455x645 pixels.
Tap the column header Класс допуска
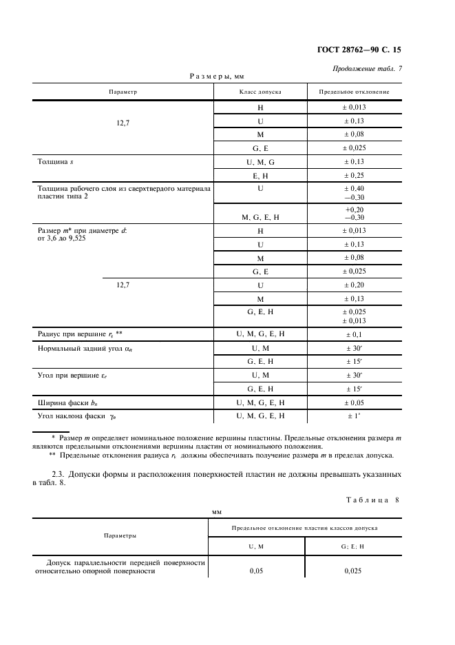coord(260,92)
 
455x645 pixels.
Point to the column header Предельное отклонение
coord(355,92)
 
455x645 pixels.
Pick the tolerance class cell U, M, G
coord(260,162)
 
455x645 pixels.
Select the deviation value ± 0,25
coord(355,176)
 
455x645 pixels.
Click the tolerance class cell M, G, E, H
coord(260,217)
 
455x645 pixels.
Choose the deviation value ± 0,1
coord(355,334)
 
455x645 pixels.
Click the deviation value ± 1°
coord(355,416)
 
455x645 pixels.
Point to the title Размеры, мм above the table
coord(217,76)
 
